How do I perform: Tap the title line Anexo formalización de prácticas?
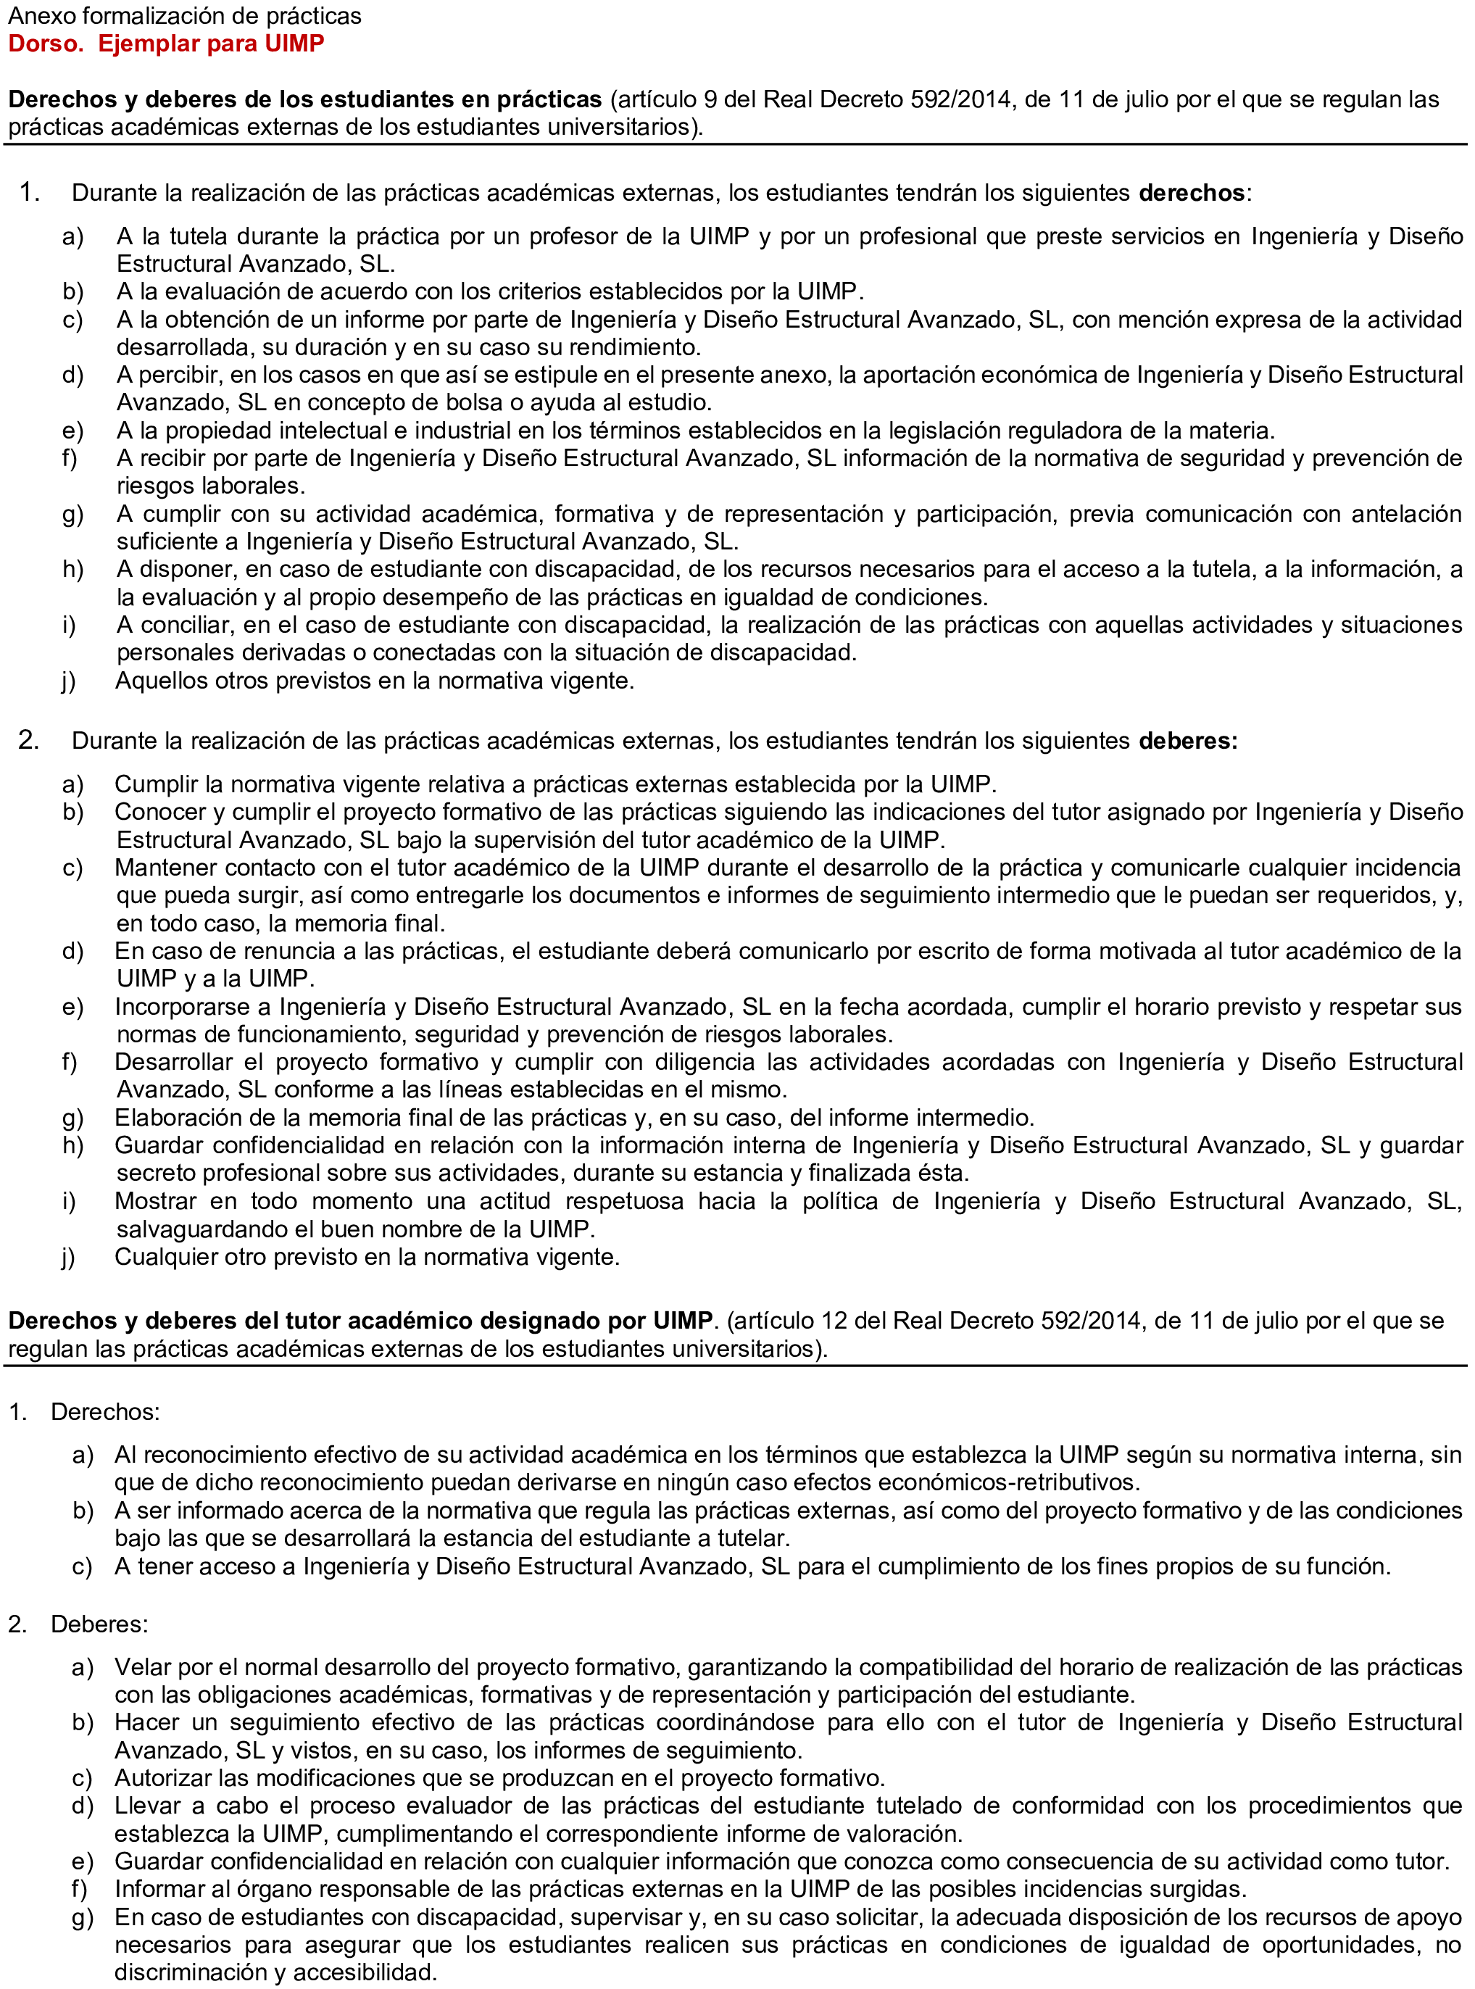(x=185, y=16)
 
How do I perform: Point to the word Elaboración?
(x=184, y=1117)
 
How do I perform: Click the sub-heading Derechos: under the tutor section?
(x=105, y=1411)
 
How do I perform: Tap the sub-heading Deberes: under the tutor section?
(x=99, y=1624)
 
